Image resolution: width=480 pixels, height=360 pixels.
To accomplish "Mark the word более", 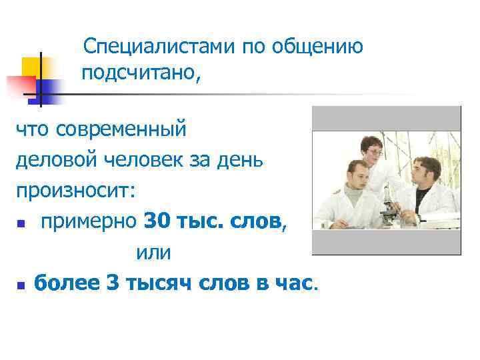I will (67, 284).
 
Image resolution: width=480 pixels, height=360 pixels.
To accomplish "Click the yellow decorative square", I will (31, 67).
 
